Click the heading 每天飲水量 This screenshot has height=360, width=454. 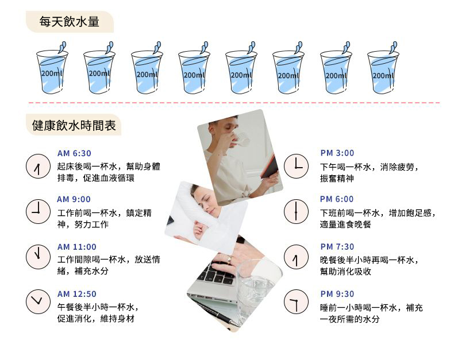click(x=69, y=22)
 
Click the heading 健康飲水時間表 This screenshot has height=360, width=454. click(x=74, y=125)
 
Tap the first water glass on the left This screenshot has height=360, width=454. click(x=52, y=68)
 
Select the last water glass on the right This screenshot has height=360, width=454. click(x=383, y=68)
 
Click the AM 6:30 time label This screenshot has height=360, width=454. click(x=74, y=153)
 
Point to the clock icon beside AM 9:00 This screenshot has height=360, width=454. click(x=39, y=211)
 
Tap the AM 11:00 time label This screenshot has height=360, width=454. click(x=77, y=247)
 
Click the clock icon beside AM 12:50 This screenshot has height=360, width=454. click(x=39, y=301)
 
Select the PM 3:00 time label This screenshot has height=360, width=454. click(x=337, y=153)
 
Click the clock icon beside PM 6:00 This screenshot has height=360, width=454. click(x=296, y=211)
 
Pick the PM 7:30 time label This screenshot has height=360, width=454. click(x=337, y=246)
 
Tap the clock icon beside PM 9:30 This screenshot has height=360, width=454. click(x=296, y=301)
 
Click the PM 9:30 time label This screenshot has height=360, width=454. click(x=337, y=294)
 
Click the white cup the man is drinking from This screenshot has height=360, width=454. click(x=241, y=140)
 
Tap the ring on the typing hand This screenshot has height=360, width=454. click(x=229, y=260)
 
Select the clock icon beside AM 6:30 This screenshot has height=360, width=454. click(x=39, y=166)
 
